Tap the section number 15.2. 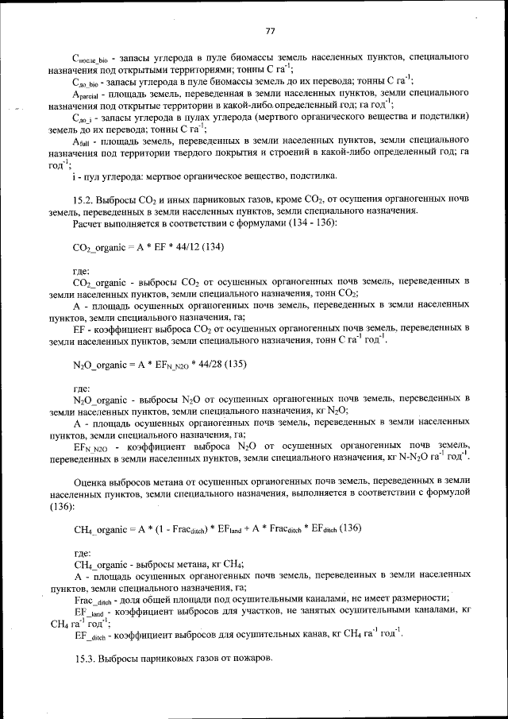pyautogui.click(x=84, y=199)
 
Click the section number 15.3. pyautogui.click(x=84, y=659)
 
